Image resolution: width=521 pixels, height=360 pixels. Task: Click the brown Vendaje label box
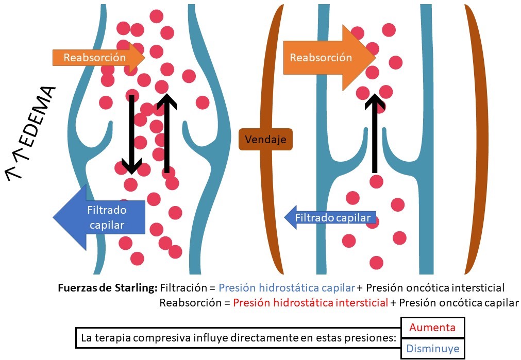265,139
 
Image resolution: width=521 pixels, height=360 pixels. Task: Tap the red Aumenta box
433,328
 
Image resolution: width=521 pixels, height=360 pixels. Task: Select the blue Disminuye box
433,349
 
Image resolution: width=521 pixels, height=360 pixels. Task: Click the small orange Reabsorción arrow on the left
98,57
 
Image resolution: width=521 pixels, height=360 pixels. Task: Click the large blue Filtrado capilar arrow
100,217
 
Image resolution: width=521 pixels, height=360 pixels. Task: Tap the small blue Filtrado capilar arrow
330,218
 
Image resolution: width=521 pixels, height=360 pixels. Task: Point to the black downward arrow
131,134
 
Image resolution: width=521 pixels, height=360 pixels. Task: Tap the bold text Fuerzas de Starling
108,288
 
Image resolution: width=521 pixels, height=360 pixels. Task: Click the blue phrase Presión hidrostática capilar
287,288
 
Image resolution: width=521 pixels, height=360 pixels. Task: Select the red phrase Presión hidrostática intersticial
310,303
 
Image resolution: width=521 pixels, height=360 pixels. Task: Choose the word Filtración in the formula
183,288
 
